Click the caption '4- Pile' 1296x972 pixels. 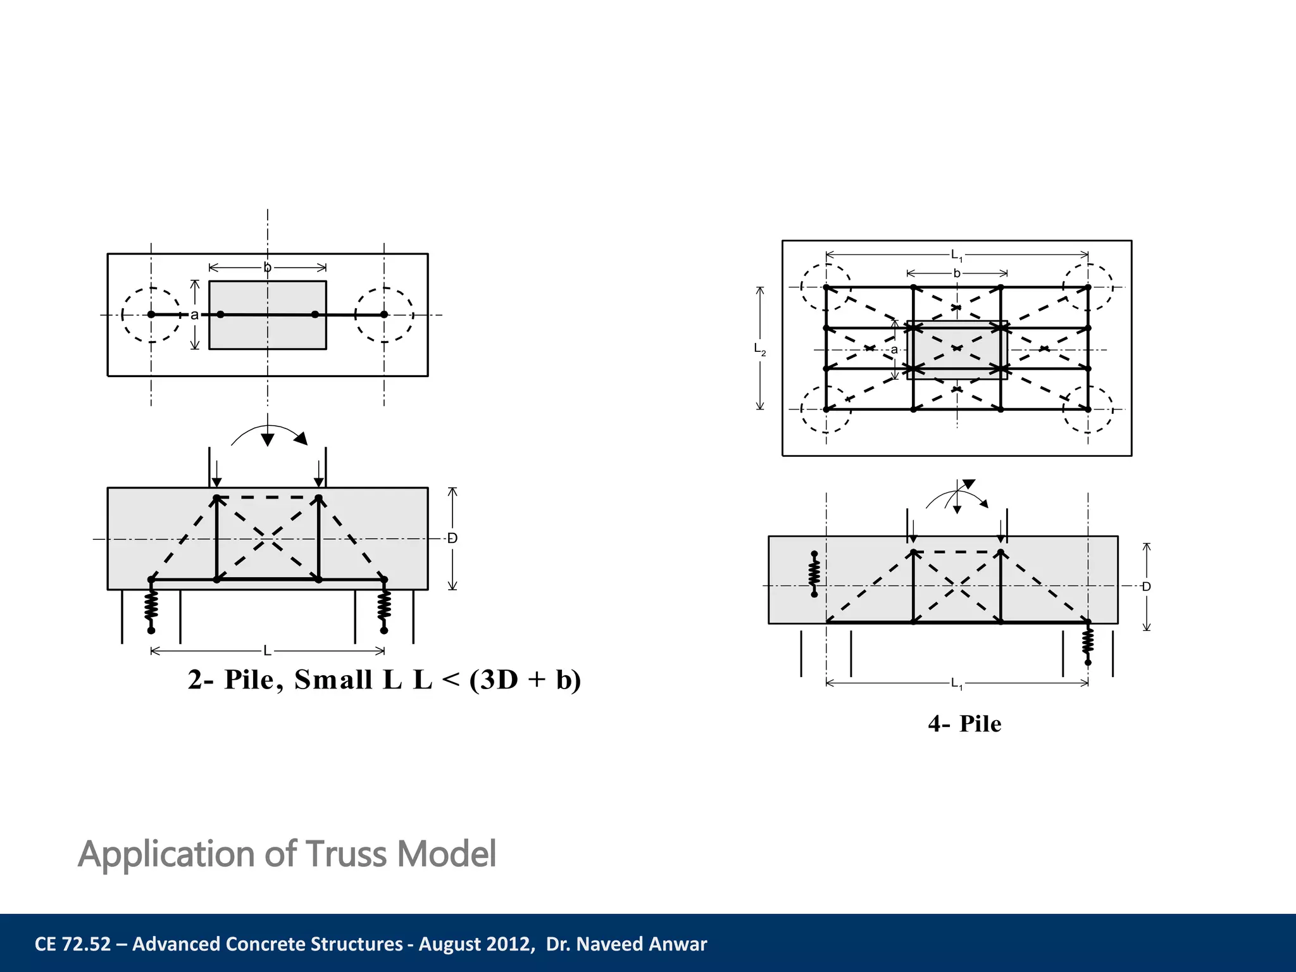tap(964, 724)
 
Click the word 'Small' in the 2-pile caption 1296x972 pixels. tap(333, 680)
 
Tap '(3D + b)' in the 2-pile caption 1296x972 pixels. tap(525, 680)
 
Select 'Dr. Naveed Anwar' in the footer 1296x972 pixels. tap(626, 944)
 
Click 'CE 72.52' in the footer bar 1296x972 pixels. tap(72, 944)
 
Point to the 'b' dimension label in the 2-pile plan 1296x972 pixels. tap(267, 268)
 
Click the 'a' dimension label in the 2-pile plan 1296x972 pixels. tap(194, 315)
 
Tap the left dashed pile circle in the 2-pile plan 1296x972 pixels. tap(151, 315)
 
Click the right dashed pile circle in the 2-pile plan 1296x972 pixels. tap(384, 315)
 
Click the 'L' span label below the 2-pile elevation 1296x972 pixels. tap(267, 651)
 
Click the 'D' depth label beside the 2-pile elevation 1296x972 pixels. tap(452, 539)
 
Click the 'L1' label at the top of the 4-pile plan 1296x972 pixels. tap(956, 256)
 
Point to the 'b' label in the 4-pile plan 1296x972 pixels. tap(957, 273)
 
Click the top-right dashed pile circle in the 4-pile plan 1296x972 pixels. tap(1088, 287)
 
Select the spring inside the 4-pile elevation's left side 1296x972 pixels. tap(814, 574)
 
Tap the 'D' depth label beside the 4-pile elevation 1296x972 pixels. tap(1146, 587)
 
